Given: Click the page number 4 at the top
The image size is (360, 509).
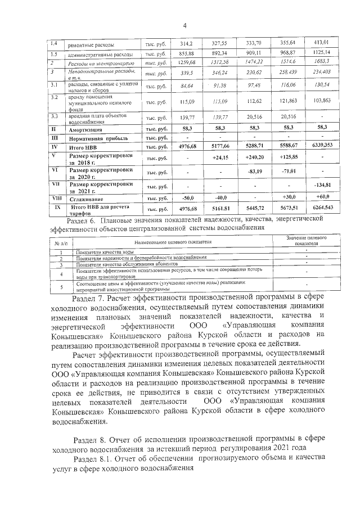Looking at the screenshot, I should click(183, 24).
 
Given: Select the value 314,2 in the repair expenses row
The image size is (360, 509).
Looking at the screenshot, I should click(186, 43).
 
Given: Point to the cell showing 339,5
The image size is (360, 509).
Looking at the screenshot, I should click(186, 73).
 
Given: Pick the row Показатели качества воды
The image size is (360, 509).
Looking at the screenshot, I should click(105, 252).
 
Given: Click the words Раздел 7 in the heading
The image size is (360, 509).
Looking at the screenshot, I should click(92, 295).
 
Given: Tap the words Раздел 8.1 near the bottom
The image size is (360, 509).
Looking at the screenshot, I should click(96, 459).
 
